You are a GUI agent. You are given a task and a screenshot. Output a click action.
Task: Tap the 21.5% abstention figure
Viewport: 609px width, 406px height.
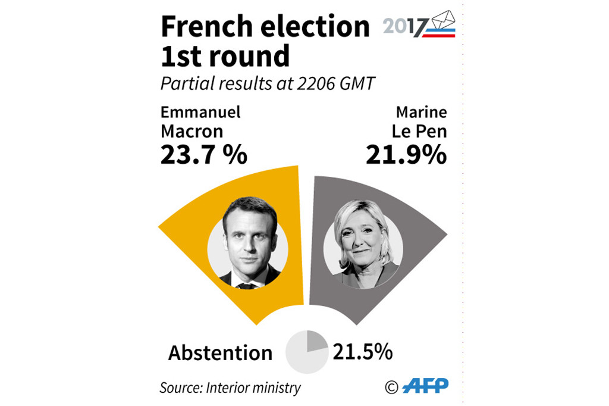click(362, 351)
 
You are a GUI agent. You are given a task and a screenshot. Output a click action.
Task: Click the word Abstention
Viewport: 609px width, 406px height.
click(220, 352)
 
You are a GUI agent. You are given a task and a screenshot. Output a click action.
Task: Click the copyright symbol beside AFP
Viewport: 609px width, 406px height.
click(391, 388)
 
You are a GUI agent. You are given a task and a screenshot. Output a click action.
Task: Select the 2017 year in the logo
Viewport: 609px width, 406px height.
click(405, 27)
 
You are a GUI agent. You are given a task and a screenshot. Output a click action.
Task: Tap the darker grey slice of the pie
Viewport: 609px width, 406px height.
click(315, 342)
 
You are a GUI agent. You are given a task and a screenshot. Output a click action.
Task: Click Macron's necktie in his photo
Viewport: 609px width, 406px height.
click(246, 285)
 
